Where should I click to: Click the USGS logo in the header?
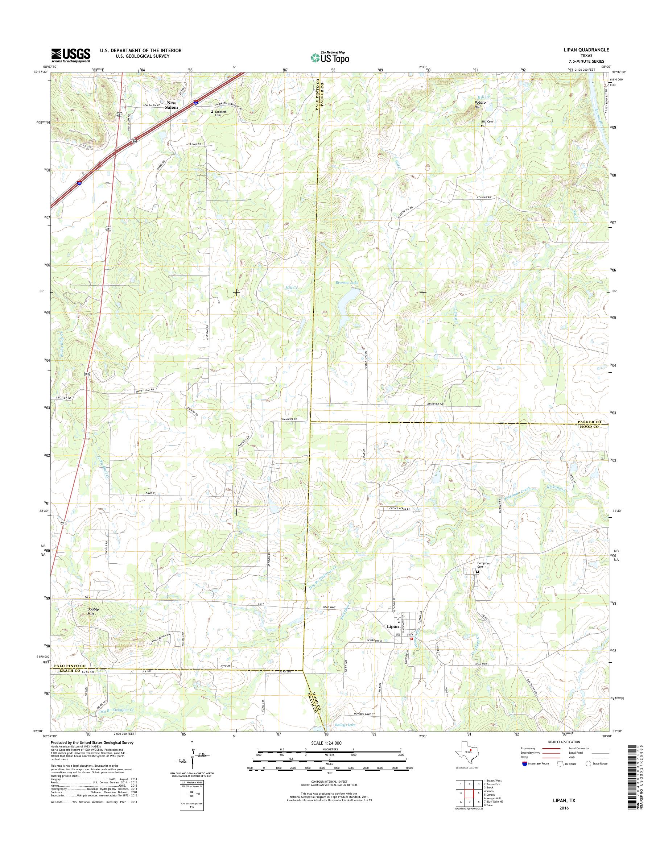tap(71, 55)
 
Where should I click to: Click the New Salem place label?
tap(172, 105)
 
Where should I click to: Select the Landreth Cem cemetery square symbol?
tap(211, 112)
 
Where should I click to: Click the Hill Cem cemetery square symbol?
tap(482, 126)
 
